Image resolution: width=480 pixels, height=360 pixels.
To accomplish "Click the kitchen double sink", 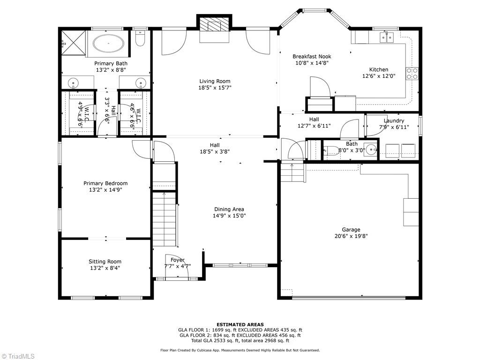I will point(388,37).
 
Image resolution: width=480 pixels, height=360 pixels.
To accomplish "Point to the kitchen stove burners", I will point(412,74).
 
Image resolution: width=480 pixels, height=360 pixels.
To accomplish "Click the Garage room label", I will point(351,230).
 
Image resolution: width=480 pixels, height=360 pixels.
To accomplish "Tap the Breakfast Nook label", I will point(312,56).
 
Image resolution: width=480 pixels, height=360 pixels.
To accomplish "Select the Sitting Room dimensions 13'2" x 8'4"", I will point(105,268).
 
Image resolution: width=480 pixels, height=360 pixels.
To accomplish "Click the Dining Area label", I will point(229,209).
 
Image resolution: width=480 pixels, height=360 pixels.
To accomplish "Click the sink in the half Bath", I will point(371,150).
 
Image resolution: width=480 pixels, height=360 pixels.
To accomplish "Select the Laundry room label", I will point(393,120).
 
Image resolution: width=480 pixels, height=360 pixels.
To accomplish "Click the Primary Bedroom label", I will point(105,183).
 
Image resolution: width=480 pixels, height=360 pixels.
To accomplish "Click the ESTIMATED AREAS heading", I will point(240,324).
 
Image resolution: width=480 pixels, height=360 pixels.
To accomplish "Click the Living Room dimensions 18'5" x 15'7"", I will point(215,87).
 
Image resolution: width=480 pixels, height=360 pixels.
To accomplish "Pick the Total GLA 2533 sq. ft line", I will point(240,340).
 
